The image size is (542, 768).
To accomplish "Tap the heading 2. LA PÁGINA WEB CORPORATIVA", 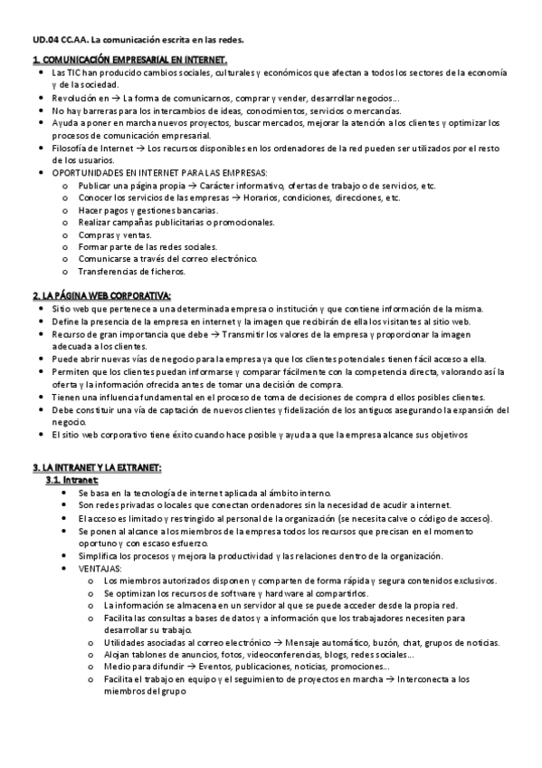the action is pyautogui.click(x=101, y=296).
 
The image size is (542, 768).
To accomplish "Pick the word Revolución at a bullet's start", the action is pyautogui.click(x=73, y=96).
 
